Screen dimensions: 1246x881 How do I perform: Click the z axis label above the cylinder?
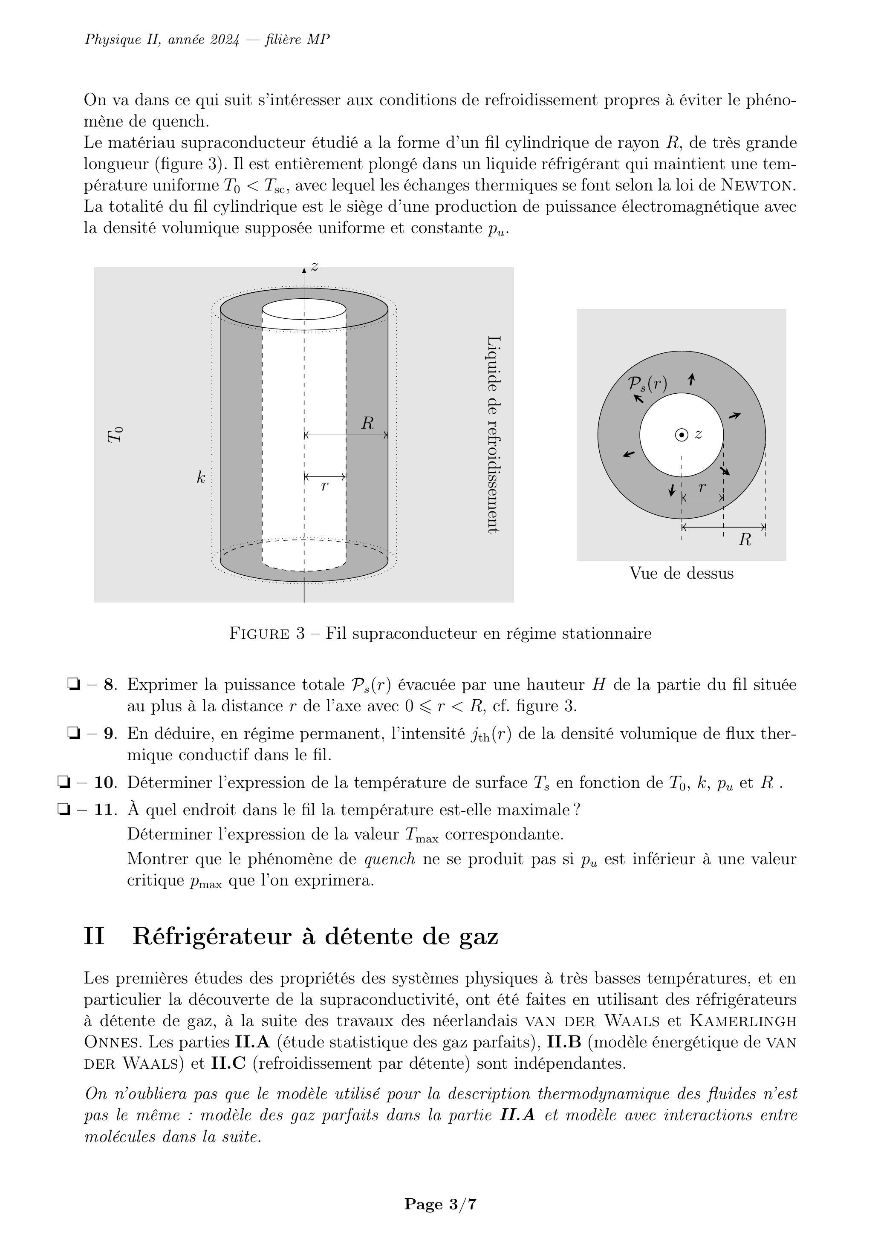[x=314, y=266]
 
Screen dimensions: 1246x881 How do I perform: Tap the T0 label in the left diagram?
[x=115, y=435]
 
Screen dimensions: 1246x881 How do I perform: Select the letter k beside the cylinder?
[x=201, y=478]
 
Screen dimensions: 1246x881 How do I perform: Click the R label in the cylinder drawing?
[x=367, y=423]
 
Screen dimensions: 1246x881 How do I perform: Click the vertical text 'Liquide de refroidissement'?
[x=493, y=434]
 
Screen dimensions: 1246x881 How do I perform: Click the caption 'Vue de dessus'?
[x=681, y=573]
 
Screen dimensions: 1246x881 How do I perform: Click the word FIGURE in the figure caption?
[x=260, y=633]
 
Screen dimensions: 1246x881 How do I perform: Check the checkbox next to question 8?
[x=73, y=684]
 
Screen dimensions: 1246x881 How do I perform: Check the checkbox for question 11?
[x=63, y=810]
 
